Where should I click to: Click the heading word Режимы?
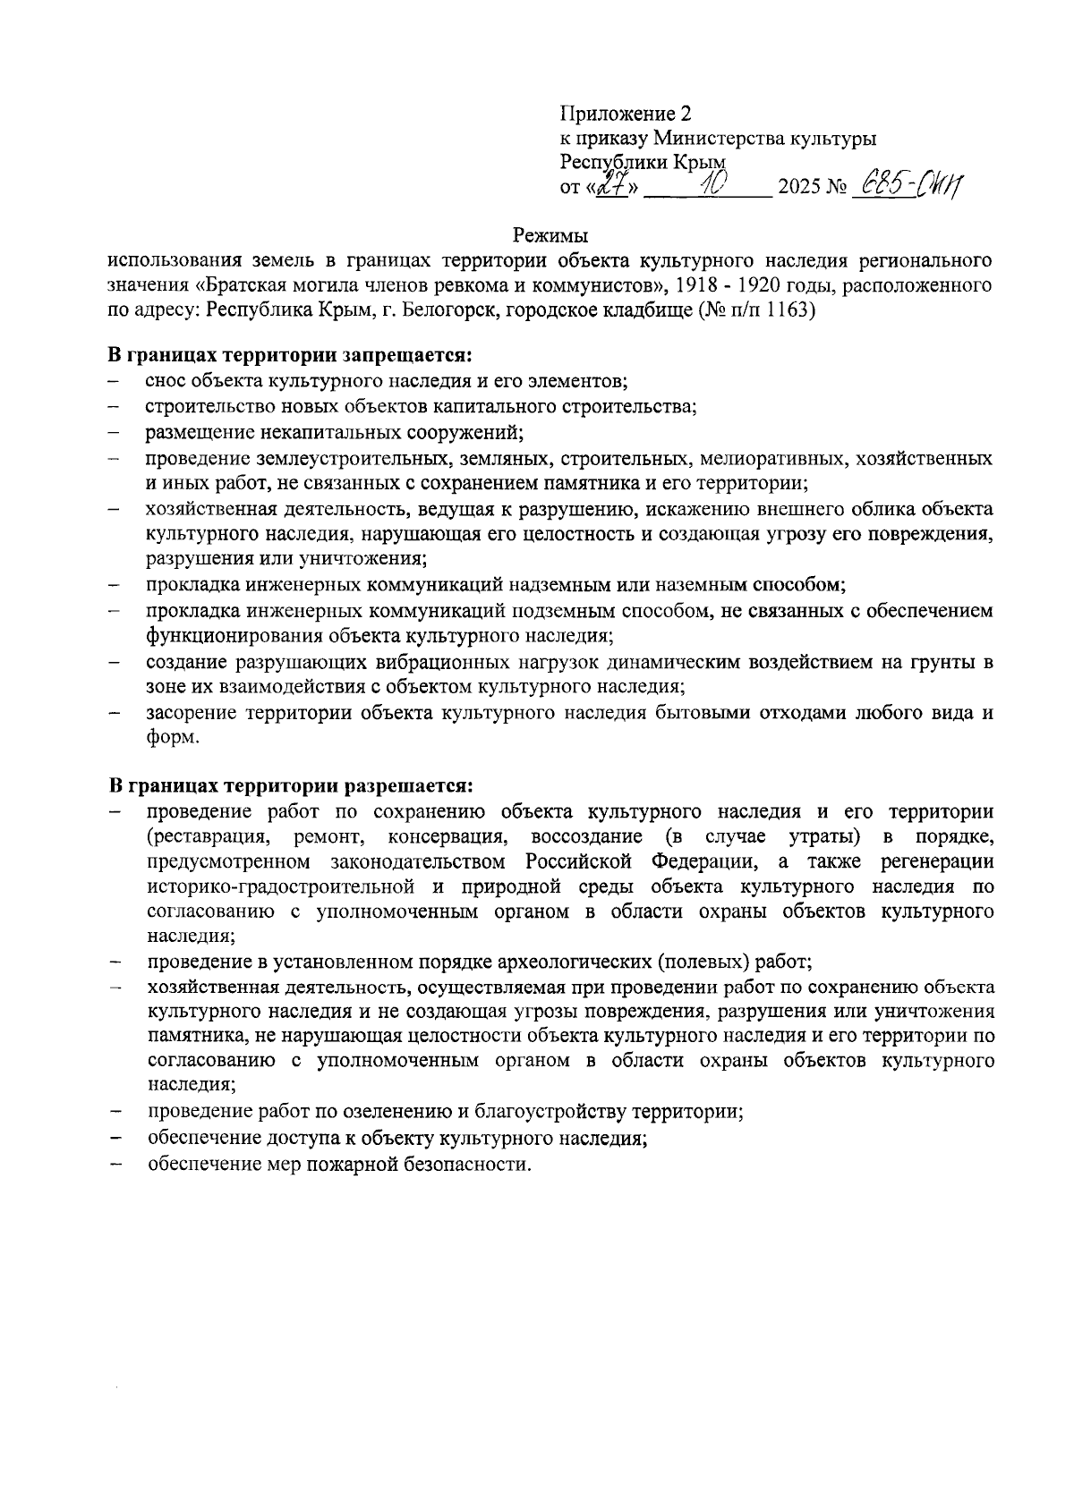tap(550, 236)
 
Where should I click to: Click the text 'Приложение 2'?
tap(626, 114)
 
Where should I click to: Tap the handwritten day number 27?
tap(611, 186)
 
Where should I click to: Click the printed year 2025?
tap(798, 189)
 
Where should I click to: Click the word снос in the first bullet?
tap(166, 381)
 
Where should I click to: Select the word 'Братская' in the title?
tap(243, 286)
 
